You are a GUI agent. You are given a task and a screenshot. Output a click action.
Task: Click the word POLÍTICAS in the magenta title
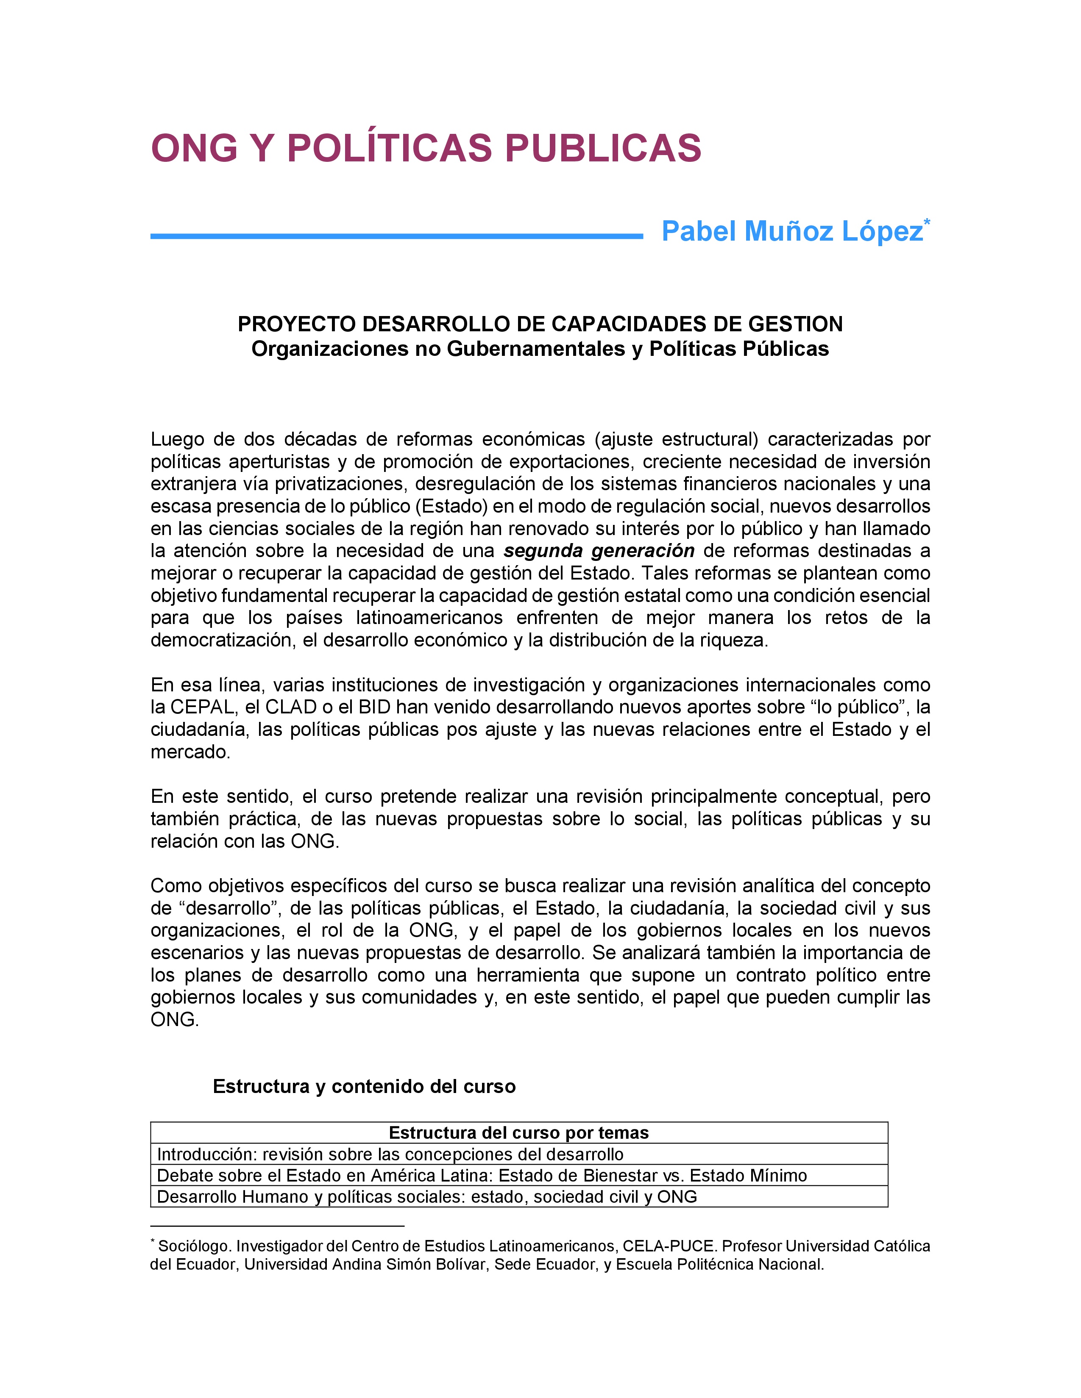389,149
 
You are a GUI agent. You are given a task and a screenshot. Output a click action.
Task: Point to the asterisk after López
927,222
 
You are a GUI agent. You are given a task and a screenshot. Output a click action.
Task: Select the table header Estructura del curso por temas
519,1133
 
